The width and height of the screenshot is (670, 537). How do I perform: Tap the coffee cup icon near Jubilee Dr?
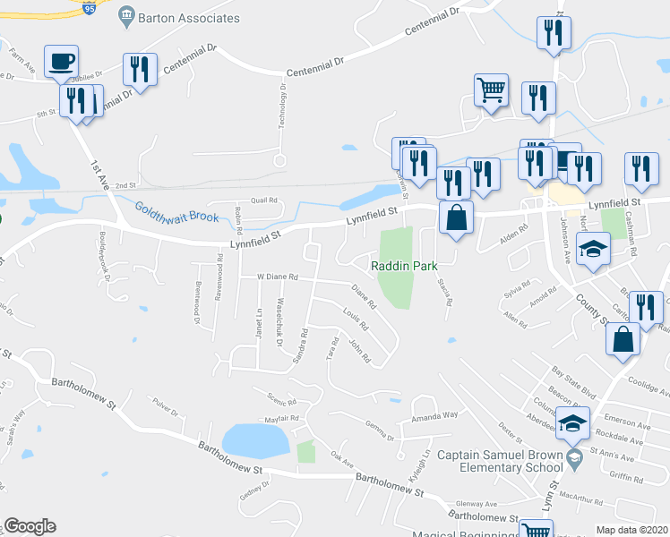(61, 62)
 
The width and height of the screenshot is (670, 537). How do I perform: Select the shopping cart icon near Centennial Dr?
(491, 90)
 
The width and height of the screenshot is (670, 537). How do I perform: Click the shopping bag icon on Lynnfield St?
(456, 217)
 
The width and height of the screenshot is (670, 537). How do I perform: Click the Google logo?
(30, 526)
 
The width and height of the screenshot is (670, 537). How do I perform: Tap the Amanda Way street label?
(434, 416)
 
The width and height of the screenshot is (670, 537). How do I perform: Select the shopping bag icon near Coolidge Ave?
(623, 339)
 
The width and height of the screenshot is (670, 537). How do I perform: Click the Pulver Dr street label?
(166, 411)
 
